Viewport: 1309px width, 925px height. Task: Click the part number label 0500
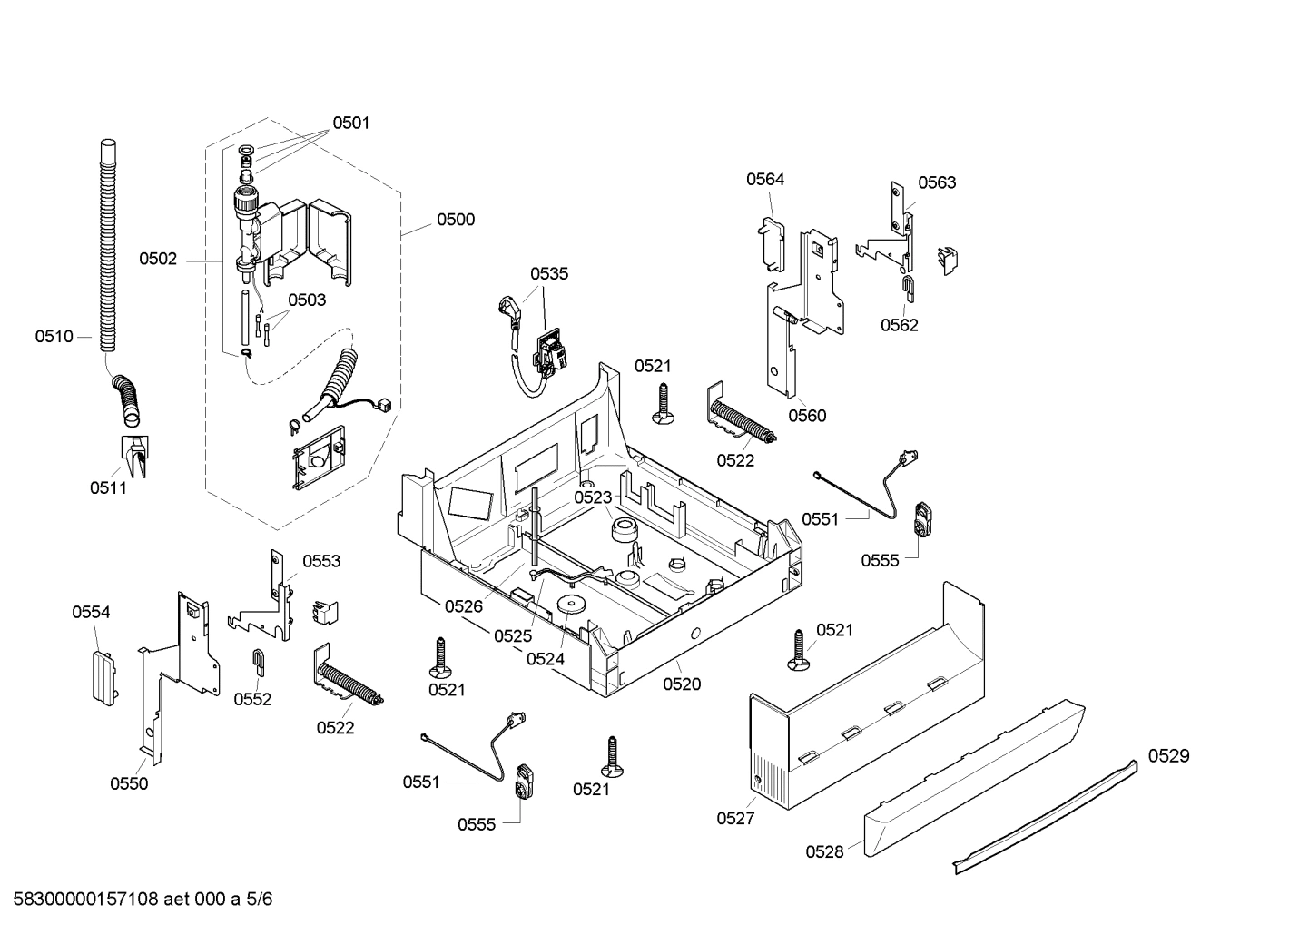click(455, 220)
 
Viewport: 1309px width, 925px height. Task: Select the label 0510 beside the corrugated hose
click(54, 337)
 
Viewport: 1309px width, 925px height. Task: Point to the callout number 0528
click(823, 851)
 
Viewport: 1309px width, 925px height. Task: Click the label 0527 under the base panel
click(734, 818)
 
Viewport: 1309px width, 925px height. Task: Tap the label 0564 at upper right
click(765, 180)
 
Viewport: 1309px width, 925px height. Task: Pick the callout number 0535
click(549, 273)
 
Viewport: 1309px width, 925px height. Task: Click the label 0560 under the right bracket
click(807, 416)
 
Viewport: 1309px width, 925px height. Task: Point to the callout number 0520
click(681, 684)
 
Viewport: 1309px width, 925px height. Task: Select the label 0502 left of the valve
click(158, 260)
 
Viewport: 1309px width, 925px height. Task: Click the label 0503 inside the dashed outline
click(307, 300)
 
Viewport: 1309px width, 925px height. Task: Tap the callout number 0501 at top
click(350, 123)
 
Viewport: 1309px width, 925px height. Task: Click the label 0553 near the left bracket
click(321, 561)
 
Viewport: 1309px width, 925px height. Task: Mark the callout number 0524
click(545, 659)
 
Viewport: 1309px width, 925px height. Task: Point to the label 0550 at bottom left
click(129, 783)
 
